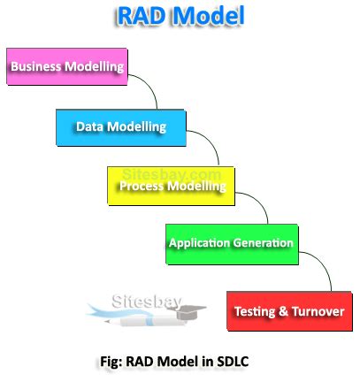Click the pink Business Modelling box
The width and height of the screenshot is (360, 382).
click(x=66, y=67)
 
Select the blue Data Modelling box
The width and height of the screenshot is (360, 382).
click(x=121, y=127)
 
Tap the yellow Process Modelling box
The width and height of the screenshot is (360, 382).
click(x=172, y=185)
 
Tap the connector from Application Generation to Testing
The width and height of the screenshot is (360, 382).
click(x=322, y=267)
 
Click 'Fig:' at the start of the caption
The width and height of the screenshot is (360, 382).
click(x=112, y=362)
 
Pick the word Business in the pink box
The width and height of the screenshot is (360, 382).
click(x=36, y=67)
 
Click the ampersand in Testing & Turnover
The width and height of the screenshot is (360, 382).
click(x=275, y=312)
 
